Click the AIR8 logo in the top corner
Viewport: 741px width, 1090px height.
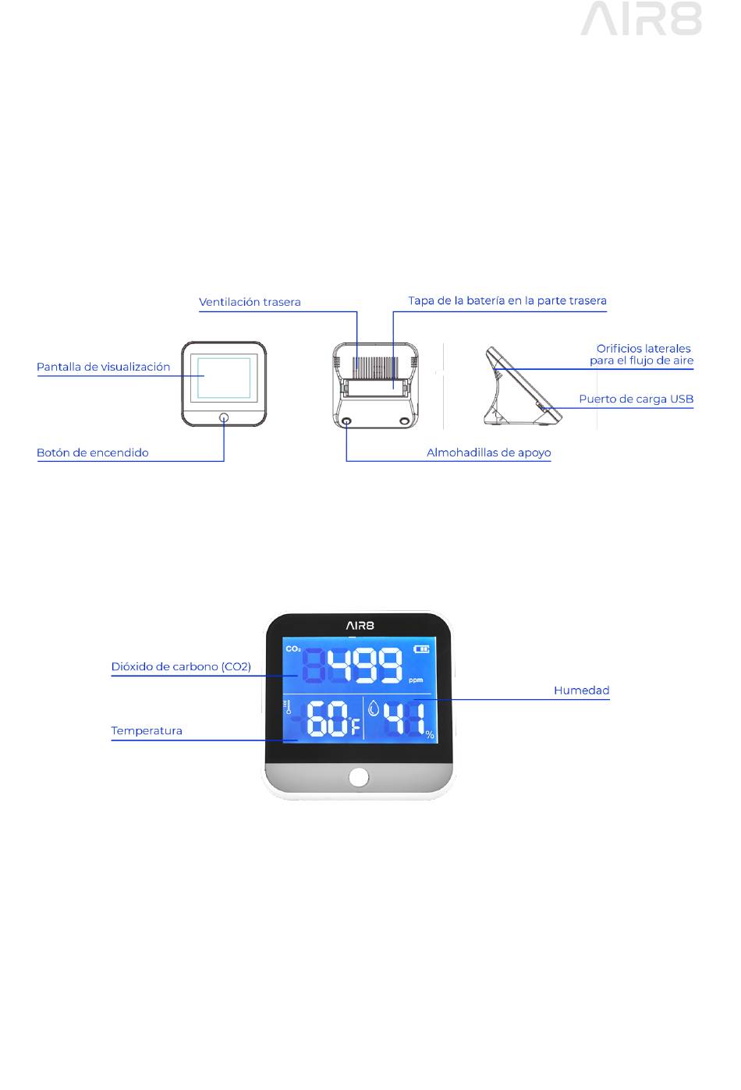[x=640, y=19]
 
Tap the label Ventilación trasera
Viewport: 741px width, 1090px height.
[x=250, y=302]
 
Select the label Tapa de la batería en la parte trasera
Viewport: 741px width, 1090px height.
[x=507, y=300]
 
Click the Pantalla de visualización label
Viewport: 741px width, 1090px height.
[x=103, y=367]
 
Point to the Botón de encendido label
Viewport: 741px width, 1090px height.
[x=92, y=453]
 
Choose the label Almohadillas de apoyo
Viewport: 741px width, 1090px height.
[x=488, y=453]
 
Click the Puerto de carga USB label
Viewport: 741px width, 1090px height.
[x=636, y=399]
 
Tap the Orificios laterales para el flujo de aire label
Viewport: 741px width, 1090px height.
[x=642, y=354]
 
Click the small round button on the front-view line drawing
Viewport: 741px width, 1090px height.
[x=224, y=417]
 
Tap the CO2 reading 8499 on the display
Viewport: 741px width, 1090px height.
[x=353, y=666]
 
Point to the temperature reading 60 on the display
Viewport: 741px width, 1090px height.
[x=328, y=719]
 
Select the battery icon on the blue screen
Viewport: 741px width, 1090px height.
[x=422, y=648]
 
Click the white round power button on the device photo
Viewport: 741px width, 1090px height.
[x=358, y=776]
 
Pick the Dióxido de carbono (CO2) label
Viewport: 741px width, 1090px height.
[x=181, y=667]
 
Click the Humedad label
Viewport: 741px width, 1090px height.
[x=581, y=691]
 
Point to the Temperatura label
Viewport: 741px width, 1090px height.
[x=147, y=731]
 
